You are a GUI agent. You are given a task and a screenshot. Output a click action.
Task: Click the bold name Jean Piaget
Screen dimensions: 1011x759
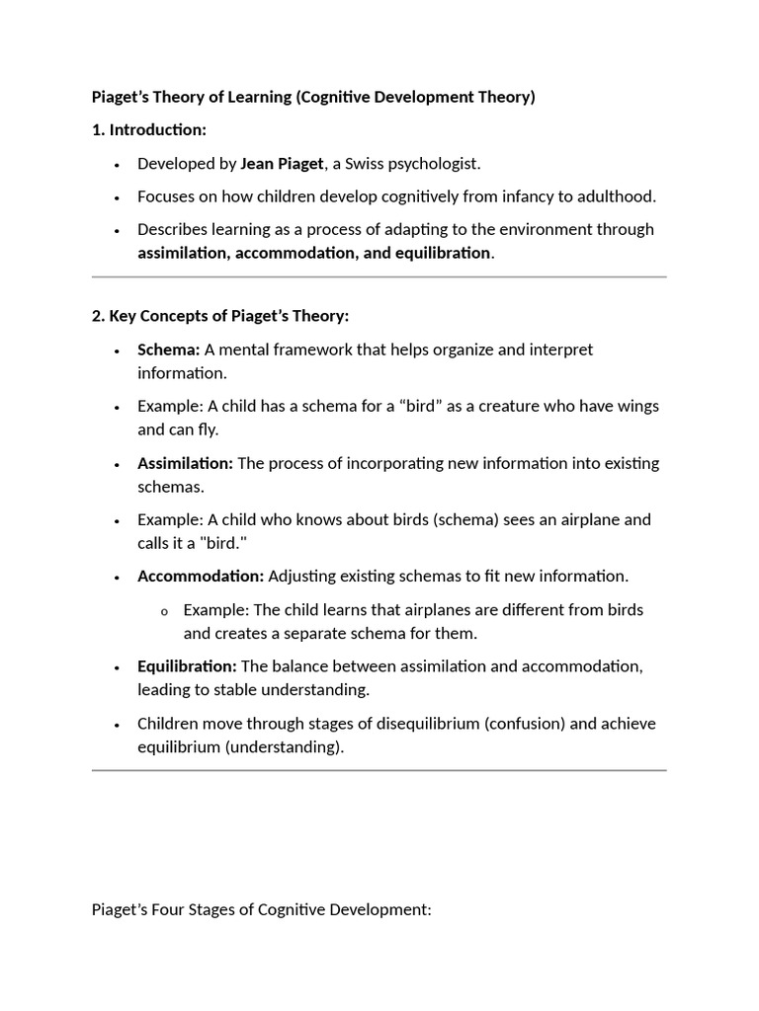click(282, 164)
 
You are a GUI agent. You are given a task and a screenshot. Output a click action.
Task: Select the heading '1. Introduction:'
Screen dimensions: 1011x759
click(149, 130)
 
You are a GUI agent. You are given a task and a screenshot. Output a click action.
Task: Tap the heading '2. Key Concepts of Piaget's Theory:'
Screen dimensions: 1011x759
click(220, 316)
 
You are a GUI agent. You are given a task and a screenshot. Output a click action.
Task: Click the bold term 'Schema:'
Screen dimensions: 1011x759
click(169, 350)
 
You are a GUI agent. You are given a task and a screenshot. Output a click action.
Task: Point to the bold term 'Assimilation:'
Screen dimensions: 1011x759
click(185, 463)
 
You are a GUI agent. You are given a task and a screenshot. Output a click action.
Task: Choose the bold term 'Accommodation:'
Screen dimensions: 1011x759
click(201, 576)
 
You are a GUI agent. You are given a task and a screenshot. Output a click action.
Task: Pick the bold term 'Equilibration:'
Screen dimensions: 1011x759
click(187, 666)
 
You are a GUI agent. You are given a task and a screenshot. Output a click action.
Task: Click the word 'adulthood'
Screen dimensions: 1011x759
click(617, 196)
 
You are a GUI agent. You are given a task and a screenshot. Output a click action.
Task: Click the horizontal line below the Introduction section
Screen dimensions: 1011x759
click(379, 277)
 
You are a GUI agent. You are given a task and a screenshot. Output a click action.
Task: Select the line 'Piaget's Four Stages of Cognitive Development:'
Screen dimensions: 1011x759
click(262, 909)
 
